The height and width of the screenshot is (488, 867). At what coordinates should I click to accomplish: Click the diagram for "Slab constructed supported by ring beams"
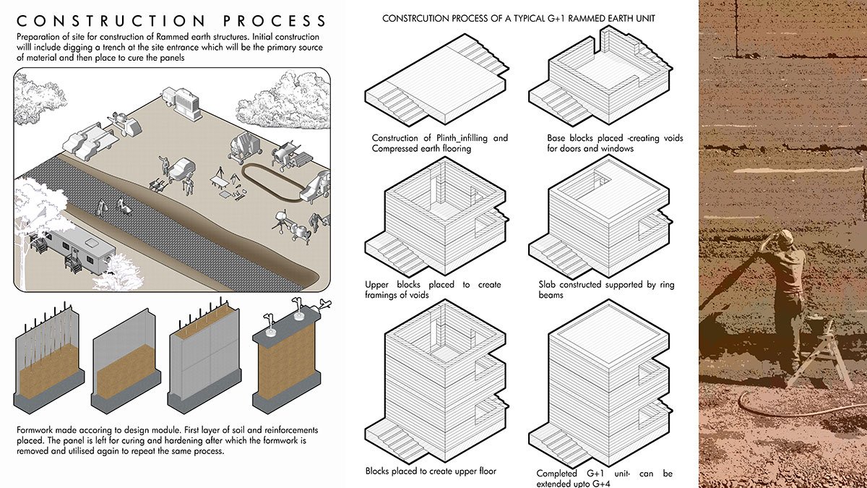603,217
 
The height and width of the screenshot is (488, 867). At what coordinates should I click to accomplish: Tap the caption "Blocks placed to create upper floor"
431,471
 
